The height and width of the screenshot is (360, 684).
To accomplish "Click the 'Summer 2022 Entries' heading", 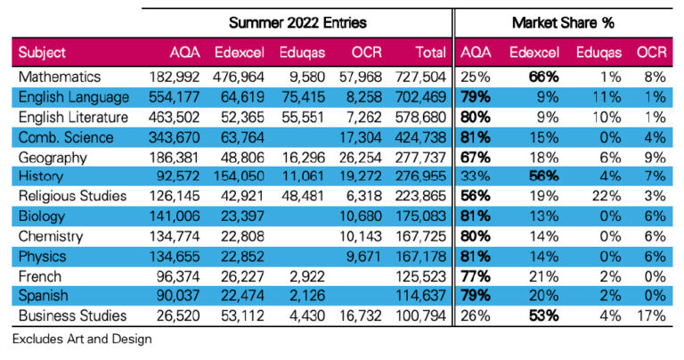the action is pos(297,22).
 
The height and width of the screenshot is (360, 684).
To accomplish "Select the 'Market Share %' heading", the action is pos(563,22).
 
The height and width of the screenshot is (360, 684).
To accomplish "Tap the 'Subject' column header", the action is pos(42,53).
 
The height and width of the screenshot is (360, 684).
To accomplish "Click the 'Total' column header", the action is pos(430,53).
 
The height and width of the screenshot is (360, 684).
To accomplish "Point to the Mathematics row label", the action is pos(60,77).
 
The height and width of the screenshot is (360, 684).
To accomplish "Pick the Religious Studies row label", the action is pos(72,196).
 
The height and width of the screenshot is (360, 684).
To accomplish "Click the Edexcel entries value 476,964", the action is pos(238,77).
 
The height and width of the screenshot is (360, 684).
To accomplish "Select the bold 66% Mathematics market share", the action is pos(543,77).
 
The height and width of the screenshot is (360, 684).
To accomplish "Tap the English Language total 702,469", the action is pos(420,97).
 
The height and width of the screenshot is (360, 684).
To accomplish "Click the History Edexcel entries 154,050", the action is pos(239,176).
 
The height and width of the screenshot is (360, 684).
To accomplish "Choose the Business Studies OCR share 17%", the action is pos(651,315).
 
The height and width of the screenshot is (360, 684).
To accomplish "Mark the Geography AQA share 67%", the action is pos(476,157).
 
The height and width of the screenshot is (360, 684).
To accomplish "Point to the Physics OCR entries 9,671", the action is pos(363,256).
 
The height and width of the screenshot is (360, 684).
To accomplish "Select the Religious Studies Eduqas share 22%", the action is pos(607,196).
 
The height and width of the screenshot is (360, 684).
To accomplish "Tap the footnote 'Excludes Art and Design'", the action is pos(82,339).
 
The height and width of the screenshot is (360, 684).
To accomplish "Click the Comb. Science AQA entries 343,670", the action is pos(174,137).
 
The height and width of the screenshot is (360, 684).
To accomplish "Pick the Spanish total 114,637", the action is pos(420,296).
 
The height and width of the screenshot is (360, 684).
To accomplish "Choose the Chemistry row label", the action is pos(51,236).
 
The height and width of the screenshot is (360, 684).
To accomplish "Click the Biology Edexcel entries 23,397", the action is pos(242,216).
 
